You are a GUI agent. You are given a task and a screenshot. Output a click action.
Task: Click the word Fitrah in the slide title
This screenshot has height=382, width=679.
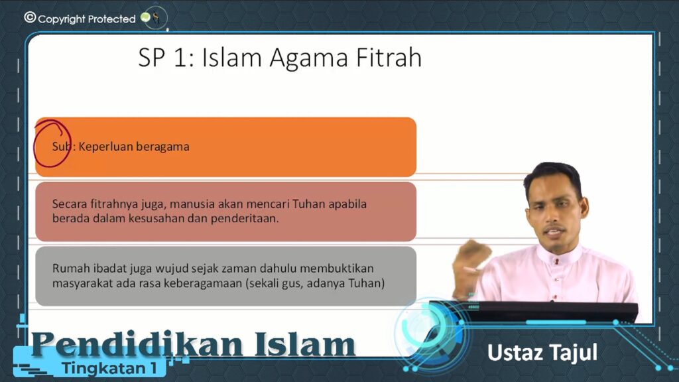pyautogui.click(x=389, y=58)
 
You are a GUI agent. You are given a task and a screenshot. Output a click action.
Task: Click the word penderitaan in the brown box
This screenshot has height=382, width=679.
pyautogui.click(x=245, y=218)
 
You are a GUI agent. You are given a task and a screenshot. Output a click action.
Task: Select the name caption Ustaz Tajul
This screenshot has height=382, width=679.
pyautogui.click(x=542, y=353)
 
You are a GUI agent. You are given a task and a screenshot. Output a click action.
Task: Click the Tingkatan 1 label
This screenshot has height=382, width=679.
pyautogui.click(x=109, y=368)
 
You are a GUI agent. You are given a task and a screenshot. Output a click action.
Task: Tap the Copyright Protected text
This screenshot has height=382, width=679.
pyautogui.click(x=87, y=19)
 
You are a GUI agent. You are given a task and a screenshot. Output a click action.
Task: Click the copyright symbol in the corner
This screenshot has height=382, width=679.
pyautogui.click(x=30, y=17)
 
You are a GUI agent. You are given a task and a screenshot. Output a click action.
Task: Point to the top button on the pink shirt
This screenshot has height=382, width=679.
pyautogui.click(x=557, y=261)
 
